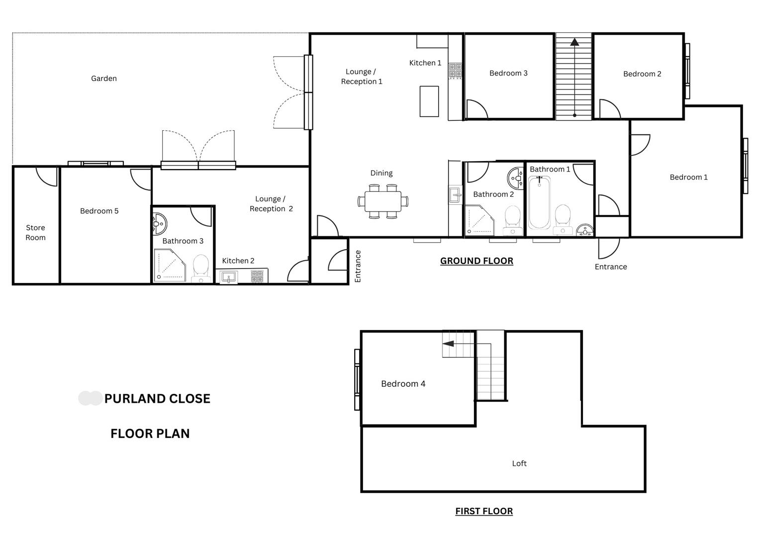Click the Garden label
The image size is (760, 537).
click(104, 78)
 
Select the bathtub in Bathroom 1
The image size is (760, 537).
click(539, 203)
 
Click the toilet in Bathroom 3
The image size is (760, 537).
click(201, 268)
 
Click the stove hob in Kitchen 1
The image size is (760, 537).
click(455, 71)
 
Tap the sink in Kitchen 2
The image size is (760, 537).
click(229, 277)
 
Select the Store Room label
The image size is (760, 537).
click(35, 232)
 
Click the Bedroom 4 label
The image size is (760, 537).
click(403, 383)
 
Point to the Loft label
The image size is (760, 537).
click(519, 463)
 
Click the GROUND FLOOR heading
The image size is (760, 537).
click(476, 261)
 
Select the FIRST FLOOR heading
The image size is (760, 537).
click(484, 511)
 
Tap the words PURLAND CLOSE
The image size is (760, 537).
click(157, 398)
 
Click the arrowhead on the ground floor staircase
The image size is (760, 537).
click(574, 42)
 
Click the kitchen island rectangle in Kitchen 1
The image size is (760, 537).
click(429, 101)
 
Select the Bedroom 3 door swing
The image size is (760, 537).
click(476, 110)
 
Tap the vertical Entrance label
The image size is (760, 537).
click(358, 266)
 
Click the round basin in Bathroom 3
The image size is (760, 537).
click(159, 224)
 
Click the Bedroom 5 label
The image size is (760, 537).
click(99, 211)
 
